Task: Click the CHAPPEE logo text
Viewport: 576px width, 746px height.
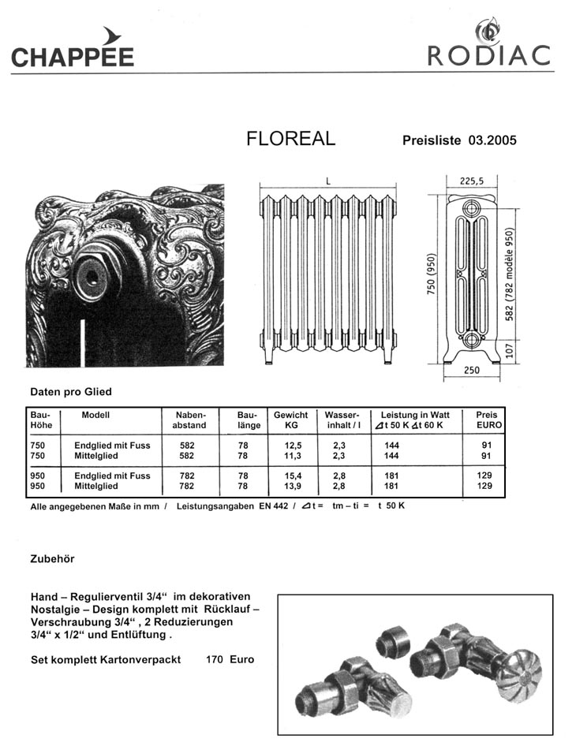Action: tap(73, 57)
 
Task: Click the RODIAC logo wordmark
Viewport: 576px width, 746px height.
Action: tap(488, 56)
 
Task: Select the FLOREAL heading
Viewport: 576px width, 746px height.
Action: tap(290, 139)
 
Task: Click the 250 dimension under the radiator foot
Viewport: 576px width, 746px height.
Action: tap(472, 370)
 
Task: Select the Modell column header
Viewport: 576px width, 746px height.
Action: tap(95, 415)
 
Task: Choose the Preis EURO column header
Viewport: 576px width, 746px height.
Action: tap(487, 420)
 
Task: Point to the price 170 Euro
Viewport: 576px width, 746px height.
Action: tap(230, 659)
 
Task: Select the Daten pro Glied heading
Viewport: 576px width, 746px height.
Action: tap(71, 391)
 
